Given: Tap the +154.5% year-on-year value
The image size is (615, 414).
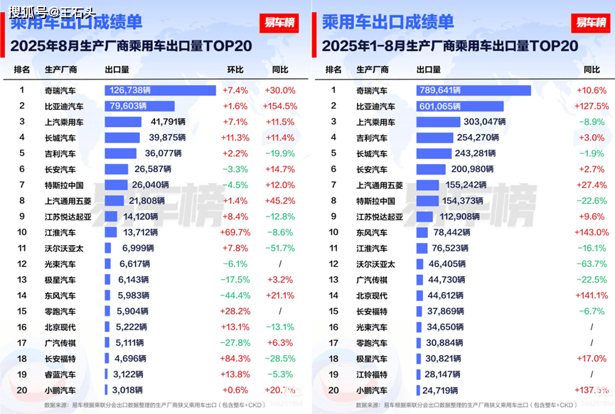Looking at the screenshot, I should tap(280, 107).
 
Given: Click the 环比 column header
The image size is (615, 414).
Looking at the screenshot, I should tap(235, 70).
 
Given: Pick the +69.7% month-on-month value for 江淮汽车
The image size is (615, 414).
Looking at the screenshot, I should tap(235, 232).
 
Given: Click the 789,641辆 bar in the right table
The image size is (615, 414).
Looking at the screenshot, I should tap(474, 91).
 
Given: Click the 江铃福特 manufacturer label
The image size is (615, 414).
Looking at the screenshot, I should tap(372, 374).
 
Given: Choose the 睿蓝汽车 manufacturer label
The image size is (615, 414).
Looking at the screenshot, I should tap(60, 374).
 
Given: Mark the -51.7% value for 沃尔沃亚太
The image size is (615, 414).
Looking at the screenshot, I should tap(280, 248).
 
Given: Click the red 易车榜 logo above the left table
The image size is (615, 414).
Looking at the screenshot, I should tap(279, 23).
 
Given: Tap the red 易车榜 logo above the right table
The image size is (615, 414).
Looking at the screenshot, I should tap(591, 23).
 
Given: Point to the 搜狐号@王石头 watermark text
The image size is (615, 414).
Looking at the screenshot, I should tap(52, 11).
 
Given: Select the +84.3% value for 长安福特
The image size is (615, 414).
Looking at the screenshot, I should tap(235, 359).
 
